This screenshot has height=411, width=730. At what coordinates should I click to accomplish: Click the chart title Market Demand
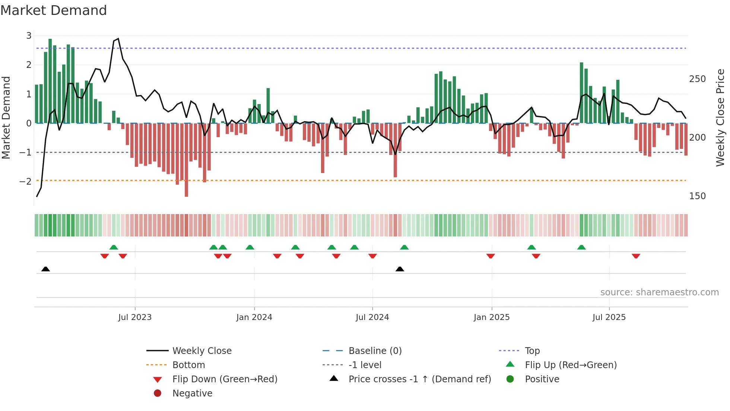click(x=54, y=10)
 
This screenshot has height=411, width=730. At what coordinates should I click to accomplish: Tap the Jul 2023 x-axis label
click(x=135, y=317)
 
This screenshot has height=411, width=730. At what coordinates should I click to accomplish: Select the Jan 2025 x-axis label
click(x=491, y=317)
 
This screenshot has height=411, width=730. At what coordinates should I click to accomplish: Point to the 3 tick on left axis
click(x=29, y=36)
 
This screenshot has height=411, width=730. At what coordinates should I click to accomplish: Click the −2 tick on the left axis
click(x=26, y=181)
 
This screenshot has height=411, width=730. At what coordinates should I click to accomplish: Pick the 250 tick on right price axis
click(x=697, y=79)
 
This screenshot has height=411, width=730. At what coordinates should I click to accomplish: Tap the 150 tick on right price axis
click(x=697, y=196)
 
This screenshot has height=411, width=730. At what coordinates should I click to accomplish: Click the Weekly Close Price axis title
click(x=720, y=117)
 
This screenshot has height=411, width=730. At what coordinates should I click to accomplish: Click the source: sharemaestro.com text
click(x=659, y=292)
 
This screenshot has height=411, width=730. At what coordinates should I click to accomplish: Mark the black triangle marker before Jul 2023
click(x=45, y=269)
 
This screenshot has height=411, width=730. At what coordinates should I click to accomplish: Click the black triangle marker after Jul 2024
click(x=400, y=269)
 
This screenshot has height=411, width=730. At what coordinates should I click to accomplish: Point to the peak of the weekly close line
click(x=118, y=38)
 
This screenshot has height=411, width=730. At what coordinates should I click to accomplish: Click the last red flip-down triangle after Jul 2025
click(x=636, y=256)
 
